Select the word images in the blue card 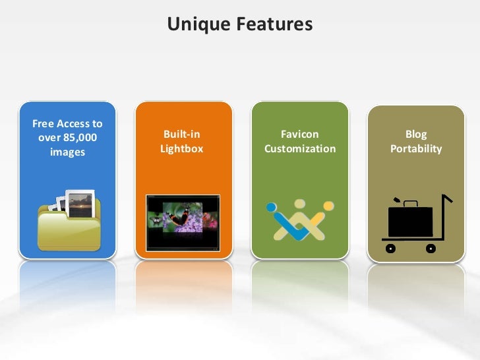point(67,152)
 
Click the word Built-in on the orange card point(181,135)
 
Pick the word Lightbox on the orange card point(181,149)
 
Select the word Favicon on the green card point(300,135)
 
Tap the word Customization point(300,149)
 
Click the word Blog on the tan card point(416,135)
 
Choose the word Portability point(416,149)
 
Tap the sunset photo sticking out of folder point(80,202)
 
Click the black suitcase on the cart point(410,220)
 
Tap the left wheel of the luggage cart point(390,249)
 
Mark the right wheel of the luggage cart point(431,249)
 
